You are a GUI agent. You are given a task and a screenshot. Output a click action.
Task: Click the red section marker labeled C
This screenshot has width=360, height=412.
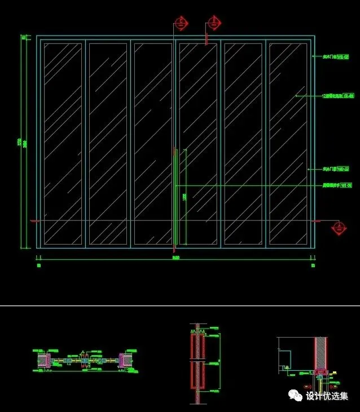181,23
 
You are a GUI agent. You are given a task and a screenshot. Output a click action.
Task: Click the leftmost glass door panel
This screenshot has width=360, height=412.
63,144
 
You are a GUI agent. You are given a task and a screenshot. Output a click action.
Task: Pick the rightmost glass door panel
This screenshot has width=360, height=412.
288,144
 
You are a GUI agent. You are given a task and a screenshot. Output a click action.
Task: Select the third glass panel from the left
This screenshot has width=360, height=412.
153,144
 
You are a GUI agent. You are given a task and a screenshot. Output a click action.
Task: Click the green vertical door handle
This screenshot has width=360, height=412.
175,197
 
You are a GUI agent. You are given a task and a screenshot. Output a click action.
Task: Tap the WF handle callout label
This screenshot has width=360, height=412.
337,185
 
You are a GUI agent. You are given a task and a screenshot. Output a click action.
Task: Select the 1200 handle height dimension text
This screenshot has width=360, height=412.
185,198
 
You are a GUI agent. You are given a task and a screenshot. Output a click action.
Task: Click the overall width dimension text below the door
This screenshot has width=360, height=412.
175,258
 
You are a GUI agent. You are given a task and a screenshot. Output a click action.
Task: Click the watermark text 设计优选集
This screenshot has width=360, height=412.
327,396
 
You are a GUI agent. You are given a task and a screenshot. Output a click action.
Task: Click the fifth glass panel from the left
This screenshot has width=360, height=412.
243,144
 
